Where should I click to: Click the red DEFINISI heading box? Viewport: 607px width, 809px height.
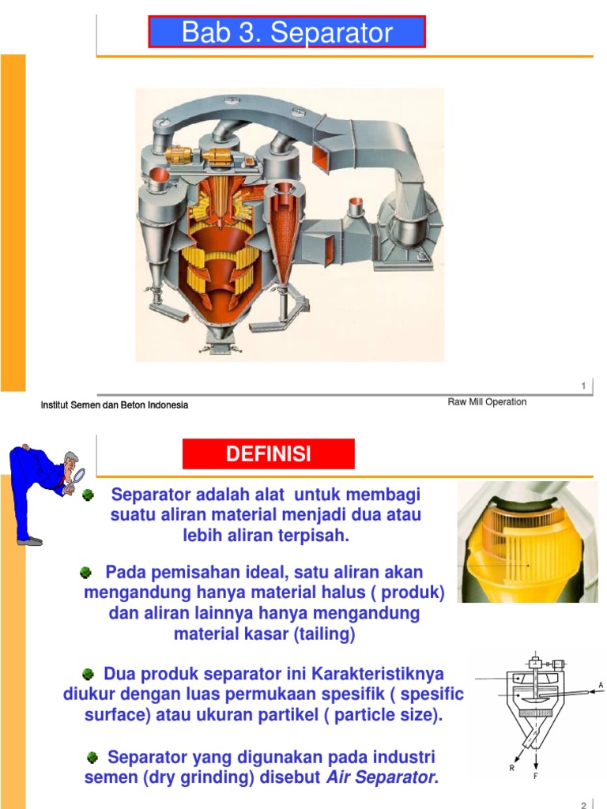[x=269, y=454]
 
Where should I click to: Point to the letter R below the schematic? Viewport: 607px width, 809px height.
[x=511, y=767]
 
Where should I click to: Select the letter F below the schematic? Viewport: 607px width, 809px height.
[x=537, y=777]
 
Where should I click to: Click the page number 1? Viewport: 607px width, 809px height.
[x=583, y=386]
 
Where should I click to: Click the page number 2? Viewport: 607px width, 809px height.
[x=583, y=805]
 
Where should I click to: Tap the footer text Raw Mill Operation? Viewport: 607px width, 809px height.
[x=487, y=402]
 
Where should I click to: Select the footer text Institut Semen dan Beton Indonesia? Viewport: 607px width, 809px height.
[x=115, y=405]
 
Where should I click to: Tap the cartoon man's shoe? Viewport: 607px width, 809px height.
[x=31, y=541]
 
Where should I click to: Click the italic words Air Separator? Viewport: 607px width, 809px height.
[x=380, y=777]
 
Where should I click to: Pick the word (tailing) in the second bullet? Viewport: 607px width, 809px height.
[x=322, y=634]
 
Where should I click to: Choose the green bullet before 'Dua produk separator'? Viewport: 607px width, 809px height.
[x=89, y=674]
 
